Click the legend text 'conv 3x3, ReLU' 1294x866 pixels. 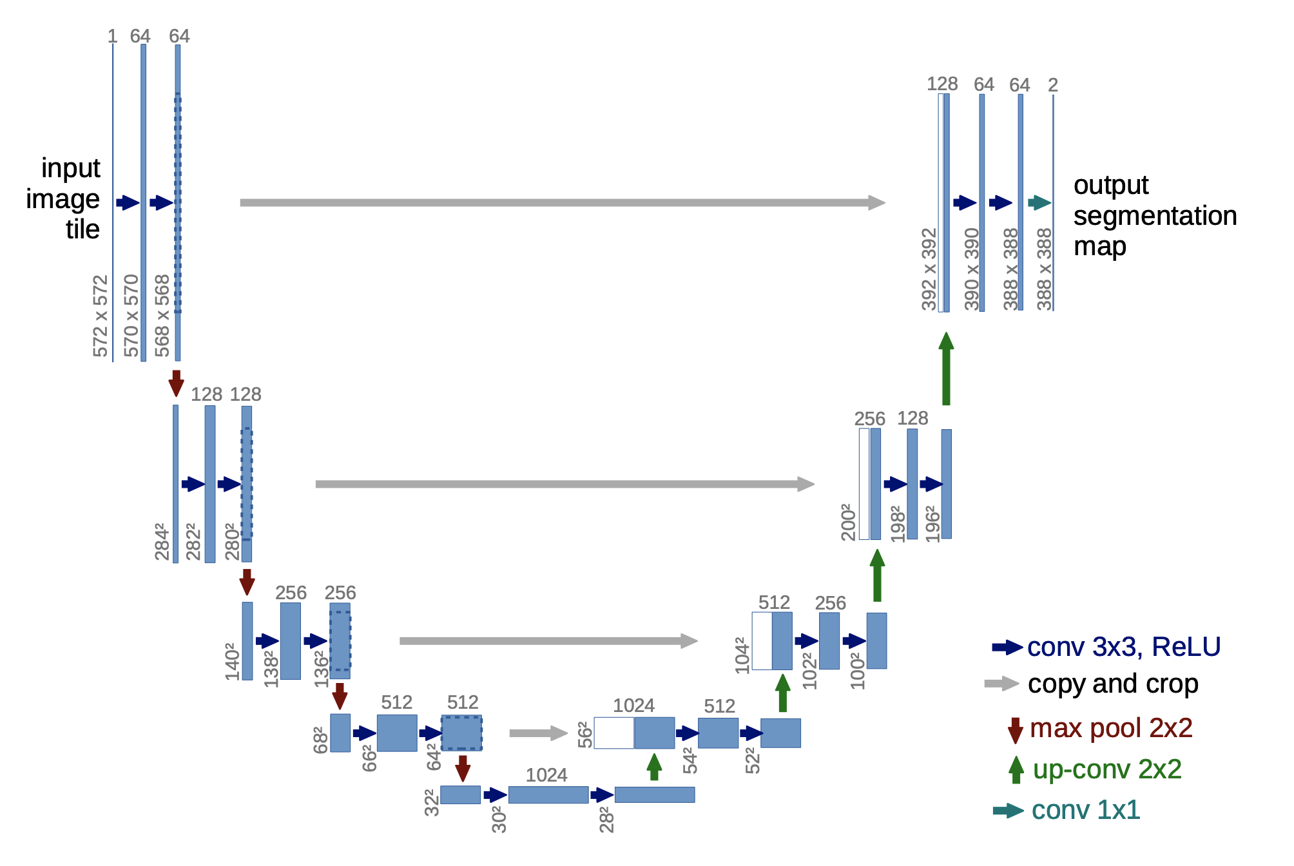[x=1124, y=647]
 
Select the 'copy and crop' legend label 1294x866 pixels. [x=1113, y=684]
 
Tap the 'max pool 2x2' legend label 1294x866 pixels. [x=1111, y=728]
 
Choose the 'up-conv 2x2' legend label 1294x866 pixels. [x=1107, y=769]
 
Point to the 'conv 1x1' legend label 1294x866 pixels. [x=1086, y=810]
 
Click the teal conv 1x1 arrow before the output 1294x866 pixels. [x=1039, y=203]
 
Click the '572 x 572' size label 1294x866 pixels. [x=101, y=316]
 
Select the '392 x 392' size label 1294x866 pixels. [x=929, y=269]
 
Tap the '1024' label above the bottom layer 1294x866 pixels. [x=546, y=775]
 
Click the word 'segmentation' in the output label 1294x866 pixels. [x=1155, y=216]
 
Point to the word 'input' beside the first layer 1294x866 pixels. [x=71, y=168]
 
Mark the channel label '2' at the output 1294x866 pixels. [x=1053, y=85]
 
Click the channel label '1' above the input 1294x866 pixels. [x=113, y=36]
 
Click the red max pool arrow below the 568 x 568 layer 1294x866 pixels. [x=176, y=383]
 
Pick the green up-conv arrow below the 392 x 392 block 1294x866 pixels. [x=946, y=369]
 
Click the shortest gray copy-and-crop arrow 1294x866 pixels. [x=538, y=733]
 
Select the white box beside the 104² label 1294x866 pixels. [x=762, y=641]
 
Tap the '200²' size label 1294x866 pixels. [x=849, y=522]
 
